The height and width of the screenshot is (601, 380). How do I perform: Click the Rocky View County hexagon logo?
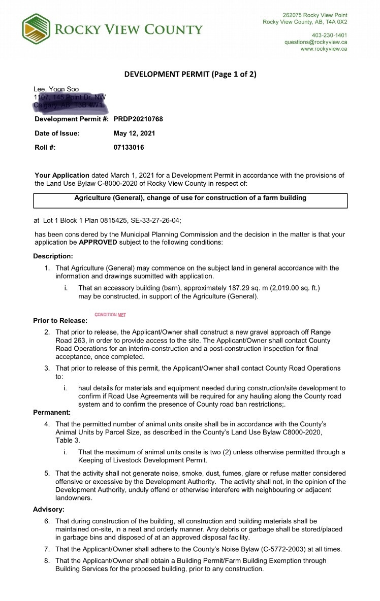36,29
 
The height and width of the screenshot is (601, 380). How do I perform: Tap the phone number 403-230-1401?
330,35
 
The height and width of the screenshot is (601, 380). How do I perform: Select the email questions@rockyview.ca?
315,42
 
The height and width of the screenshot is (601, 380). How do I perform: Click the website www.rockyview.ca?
324,49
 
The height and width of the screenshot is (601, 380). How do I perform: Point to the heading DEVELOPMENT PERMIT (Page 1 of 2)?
191,74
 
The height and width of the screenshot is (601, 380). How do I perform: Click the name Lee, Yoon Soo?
56,89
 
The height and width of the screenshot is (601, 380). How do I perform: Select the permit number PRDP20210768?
138,119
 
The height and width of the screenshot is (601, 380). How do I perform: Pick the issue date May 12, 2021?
135,133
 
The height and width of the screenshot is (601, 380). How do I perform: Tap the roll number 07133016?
129,147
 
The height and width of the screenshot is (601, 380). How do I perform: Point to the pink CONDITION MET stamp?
110,315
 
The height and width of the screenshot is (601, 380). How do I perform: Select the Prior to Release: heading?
60,320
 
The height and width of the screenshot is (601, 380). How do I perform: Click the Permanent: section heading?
52,412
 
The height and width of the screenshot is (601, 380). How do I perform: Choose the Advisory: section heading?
49,509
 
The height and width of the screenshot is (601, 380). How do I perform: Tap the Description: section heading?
53,256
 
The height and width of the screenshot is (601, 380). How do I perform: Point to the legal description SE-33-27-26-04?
152,221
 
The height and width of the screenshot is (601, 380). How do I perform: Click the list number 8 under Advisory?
47,561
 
